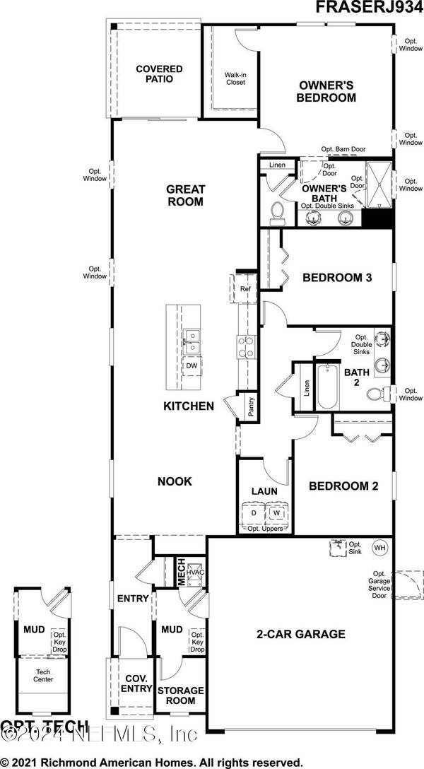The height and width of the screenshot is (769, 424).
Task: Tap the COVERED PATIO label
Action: click(159, 74)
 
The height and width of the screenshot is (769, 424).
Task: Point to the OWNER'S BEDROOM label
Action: click(326, 91)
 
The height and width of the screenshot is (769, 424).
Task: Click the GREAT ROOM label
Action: click(185, 195)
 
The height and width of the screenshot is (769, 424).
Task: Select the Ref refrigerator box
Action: click(245, 288)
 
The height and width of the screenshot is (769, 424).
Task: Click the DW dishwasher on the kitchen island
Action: click(191, 365)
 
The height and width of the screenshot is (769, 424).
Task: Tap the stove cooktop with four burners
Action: click(245, 347)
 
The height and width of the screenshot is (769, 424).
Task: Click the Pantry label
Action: click(250, 409)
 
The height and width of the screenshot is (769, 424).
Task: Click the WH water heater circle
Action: click(380, 548)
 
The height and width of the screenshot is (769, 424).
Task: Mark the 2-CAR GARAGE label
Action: click(300, 634)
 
